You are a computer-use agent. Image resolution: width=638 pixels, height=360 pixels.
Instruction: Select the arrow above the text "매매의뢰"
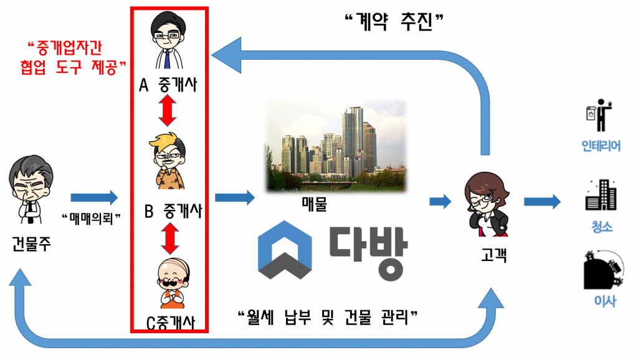pos(94,198)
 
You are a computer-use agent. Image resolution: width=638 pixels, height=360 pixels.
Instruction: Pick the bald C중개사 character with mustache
pos(169,283)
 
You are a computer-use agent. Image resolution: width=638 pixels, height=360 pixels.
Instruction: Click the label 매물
pos(314,203)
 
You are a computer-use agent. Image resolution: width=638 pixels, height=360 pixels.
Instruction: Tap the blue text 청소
pos(601,226)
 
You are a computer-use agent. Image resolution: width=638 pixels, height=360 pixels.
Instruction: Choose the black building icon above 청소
pos(601,196)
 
